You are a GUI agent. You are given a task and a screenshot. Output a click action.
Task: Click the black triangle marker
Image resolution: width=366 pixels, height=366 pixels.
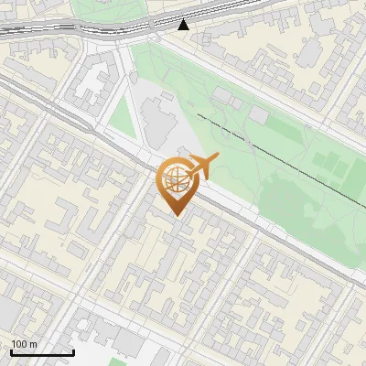(184, 24)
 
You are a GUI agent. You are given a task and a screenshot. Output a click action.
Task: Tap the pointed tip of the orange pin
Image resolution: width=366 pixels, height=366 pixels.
(175, 215)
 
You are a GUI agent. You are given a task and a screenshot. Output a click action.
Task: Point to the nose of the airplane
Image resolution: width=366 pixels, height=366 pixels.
(219, 159)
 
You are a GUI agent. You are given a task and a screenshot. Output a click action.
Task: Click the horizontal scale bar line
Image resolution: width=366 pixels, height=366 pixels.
(42, 352)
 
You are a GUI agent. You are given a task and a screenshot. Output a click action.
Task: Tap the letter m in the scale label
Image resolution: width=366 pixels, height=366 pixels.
(32, 344)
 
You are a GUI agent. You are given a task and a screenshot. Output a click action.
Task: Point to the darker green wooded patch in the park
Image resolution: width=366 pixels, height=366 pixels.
(302, 197)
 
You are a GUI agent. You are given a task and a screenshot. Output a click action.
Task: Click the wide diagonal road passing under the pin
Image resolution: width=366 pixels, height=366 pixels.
(238, 215)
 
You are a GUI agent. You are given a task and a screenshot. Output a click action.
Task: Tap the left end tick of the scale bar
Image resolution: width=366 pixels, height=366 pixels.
(11, 351)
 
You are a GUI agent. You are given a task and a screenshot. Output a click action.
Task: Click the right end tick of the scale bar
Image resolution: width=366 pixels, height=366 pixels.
(73, 351)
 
